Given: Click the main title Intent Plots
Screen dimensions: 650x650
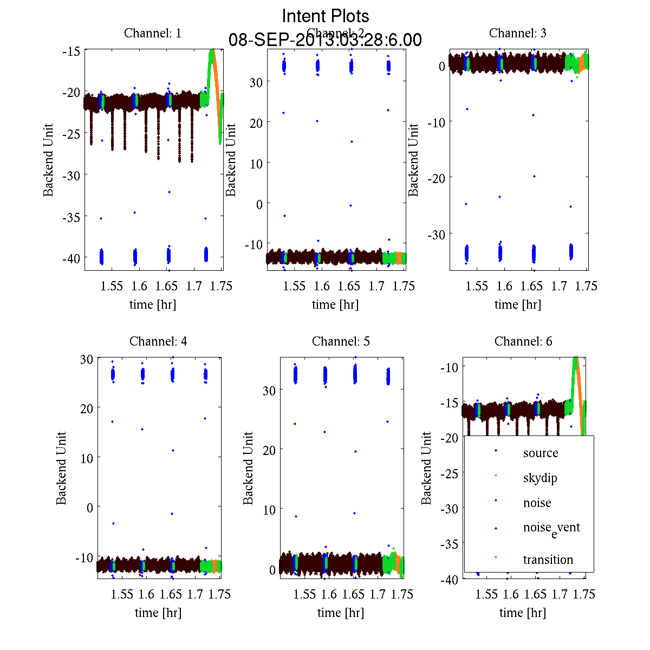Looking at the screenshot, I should (x=326, y=16).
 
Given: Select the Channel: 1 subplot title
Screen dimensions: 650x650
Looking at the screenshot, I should (x=153, y=33).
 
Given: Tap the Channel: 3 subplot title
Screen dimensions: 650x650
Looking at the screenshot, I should (x=517, y=33).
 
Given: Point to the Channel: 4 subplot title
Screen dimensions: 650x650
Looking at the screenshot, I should (x=158, y=341).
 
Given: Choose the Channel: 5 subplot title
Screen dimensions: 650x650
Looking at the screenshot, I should (x=341, y=341).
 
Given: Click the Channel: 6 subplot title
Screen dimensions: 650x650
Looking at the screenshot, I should (x=523, y=341).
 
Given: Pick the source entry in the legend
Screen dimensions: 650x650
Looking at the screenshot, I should (x=540, y=453).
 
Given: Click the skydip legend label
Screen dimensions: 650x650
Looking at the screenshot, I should (x=539, y=478).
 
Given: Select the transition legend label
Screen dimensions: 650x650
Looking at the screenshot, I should (x=548, y=560).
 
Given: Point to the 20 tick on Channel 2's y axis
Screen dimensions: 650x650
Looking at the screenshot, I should (x=256, y=123).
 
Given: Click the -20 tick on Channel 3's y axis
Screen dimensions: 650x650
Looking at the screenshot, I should (x=436, y=178).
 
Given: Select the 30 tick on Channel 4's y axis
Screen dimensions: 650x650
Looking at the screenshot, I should (x=87, y=359).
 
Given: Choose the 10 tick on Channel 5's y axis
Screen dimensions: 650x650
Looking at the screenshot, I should (x=269, y=510).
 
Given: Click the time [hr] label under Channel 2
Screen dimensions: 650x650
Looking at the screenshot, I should (x=335, y=304).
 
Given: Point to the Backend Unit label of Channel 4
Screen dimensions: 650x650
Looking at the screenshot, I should (x=61, y=468).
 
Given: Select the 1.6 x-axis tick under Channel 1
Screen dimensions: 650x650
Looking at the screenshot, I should (x=139, y=286).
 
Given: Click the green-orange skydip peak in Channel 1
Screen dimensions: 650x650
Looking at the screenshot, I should (x=212, y=51).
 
